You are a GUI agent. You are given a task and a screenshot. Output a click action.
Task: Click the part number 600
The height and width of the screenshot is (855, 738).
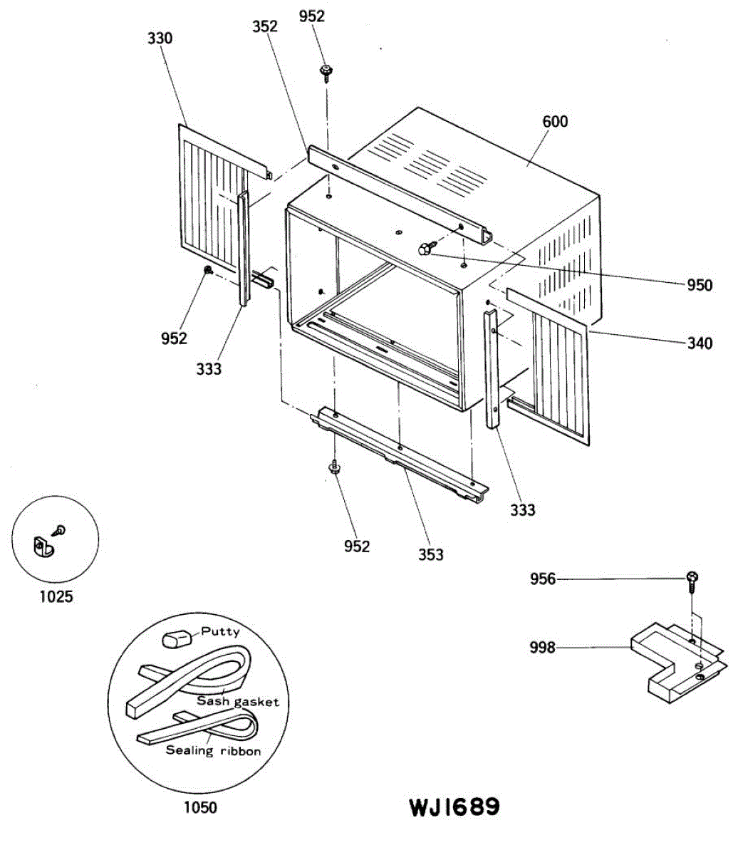555,122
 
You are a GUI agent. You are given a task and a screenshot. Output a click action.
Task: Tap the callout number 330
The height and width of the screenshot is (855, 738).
160,38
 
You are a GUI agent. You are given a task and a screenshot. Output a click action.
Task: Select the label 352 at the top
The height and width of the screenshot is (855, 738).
265,26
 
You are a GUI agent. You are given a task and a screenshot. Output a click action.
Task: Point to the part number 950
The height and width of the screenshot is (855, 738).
699,285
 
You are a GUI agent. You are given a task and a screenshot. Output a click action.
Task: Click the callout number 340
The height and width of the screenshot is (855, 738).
699,343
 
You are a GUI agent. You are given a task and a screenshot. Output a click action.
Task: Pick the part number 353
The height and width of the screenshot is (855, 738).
431,554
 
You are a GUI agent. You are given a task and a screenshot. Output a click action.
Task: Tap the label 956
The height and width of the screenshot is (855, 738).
543,580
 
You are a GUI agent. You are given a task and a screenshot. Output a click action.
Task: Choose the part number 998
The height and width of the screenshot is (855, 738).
543,648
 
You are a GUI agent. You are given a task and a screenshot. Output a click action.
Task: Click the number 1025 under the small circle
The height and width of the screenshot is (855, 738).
56,596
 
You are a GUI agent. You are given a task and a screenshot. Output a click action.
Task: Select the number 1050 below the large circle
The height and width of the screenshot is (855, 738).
200,807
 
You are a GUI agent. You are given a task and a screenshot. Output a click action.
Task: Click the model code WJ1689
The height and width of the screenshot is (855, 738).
454,807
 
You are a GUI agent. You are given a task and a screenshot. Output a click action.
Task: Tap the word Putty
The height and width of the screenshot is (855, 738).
220,631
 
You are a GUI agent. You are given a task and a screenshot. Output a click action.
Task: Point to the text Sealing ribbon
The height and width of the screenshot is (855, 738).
213,750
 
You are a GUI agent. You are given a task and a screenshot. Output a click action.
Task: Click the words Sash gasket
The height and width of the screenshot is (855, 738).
238,702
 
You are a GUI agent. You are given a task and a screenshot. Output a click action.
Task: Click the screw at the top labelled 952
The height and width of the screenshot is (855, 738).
327,72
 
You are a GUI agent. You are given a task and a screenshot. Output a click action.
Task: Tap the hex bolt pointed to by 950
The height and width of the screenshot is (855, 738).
424,248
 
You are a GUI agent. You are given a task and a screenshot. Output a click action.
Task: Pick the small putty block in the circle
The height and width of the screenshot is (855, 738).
177,636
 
